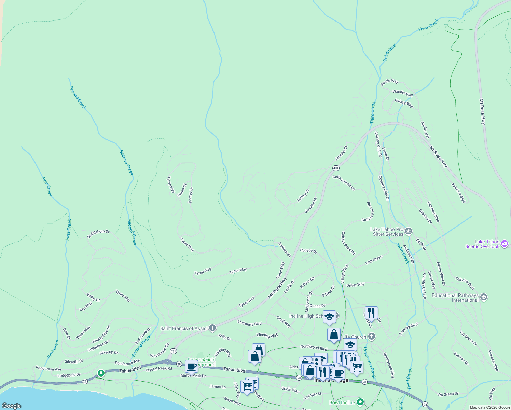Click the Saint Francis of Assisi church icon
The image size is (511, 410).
[x=212, y=328]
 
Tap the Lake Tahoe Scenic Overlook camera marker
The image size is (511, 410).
[x=505, y=244]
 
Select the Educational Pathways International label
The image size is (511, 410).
[x=455, y=298]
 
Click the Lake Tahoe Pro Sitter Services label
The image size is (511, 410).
[x=387, y=232]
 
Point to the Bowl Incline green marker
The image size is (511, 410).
[x=360, y=402]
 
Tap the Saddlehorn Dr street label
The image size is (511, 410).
[x=98, y=234]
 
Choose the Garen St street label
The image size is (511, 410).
[x=182, y=190]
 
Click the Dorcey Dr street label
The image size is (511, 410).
[x=191, y=195]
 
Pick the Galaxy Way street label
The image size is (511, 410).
[x=404, y=103]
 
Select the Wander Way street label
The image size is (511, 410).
[x=403, y=93]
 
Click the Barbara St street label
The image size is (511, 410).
[x=284, y=249]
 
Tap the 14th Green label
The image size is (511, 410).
[x=374, y=260]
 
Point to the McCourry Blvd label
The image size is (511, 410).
[x=249, y=323]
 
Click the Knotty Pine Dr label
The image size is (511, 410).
[x=101, y=334]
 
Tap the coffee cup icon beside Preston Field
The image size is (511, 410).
[x=192, y=367]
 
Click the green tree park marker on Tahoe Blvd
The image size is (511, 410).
[x=101, y=373]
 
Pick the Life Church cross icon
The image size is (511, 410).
[x=372, y=337]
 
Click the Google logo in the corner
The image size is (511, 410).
[x=12, y=406]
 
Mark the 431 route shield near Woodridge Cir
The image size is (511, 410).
[x=173, y=351]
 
